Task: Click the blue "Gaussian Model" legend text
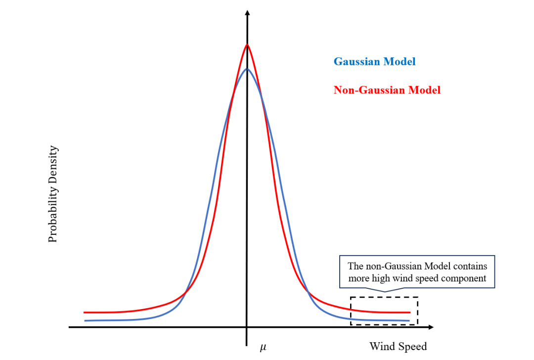(x=374, y=62)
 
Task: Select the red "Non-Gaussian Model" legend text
(x=387, y=90)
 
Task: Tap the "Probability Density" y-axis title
(x=53, y=194)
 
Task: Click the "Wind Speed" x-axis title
(x=398, y=346)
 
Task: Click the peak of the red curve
(x=247, y=45)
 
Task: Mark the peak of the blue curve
(x=247, y=69)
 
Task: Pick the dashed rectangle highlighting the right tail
(x=384, y=298)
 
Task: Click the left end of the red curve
(x=85, y=313)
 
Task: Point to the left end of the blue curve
(x=85, y=321)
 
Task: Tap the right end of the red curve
(x=409, y=313)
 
